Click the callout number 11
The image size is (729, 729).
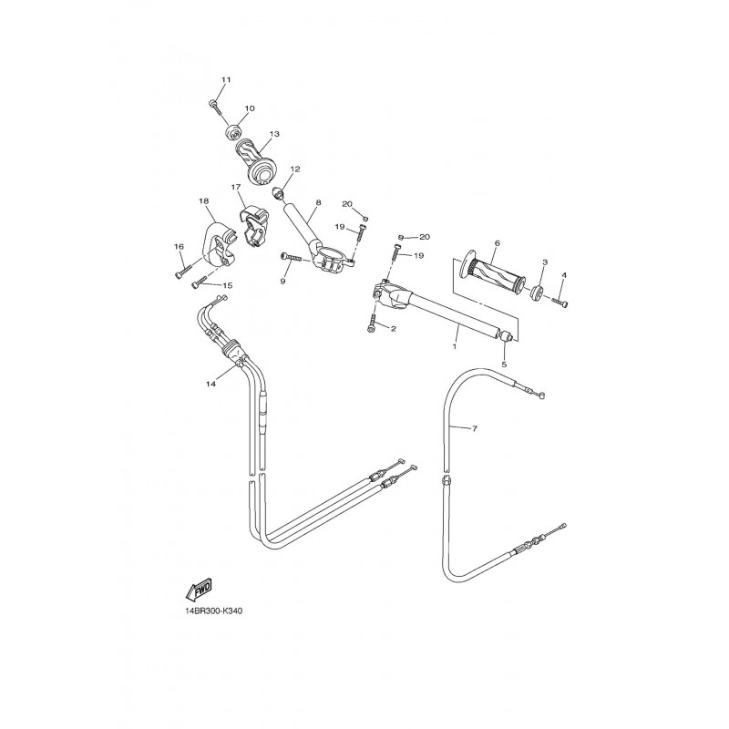(x=225, y=80)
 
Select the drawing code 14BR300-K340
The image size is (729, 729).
(x=213, y=611)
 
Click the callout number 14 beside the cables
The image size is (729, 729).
(x=211, y=384)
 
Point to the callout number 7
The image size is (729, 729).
(x=474, y=428)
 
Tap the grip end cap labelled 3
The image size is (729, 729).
(x=537, y=293)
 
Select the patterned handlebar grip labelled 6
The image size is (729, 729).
(x=492, y=272)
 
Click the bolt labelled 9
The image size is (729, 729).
(x=290, y=257)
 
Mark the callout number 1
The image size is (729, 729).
(x=454, y=346)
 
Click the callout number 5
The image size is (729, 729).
(x=504, y=365)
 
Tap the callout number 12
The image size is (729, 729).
(x=295, y=169)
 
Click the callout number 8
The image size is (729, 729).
(x=318, y=202)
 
